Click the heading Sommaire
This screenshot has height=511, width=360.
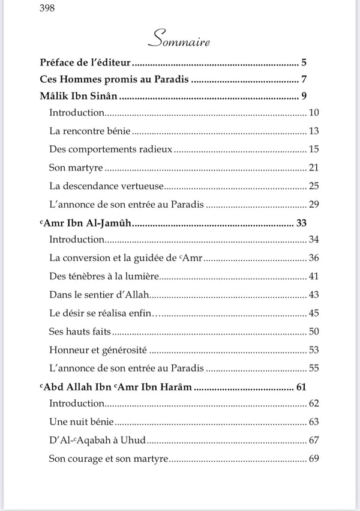180,41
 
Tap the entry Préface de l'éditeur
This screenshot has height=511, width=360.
86,62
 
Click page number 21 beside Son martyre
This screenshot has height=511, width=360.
313,168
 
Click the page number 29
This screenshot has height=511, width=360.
313,205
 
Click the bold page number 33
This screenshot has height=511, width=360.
301,223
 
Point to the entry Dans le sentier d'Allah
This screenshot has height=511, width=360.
99,295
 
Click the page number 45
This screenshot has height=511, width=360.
313,313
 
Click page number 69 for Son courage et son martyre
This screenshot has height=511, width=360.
313,459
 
